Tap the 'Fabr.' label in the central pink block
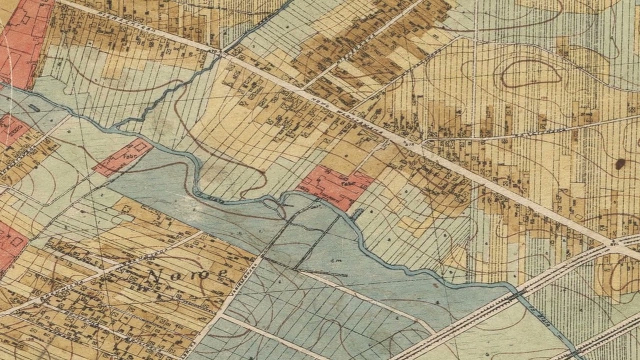(345, 183)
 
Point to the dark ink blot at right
(620, 163)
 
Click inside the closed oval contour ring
(530, 75)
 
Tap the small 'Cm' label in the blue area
(333, 260)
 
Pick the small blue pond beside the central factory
(357, 214)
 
